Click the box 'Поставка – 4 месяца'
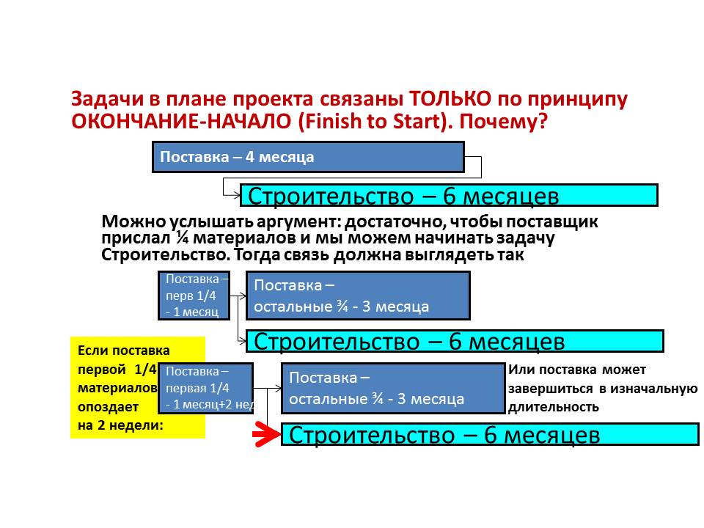308,157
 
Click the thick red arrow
265,435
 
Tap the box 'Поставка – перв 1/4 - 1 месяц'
194,295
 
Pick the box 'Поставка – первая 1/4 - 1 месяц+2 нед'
205,389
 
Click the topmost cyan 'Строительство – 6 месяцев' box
449,195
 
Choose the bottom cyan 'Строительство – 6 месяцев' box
490,434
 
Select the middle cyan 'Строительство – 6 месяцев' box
455,341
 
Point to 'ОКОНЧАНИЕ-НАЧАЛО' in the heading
183,122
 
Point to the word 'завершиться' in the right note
546,389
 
